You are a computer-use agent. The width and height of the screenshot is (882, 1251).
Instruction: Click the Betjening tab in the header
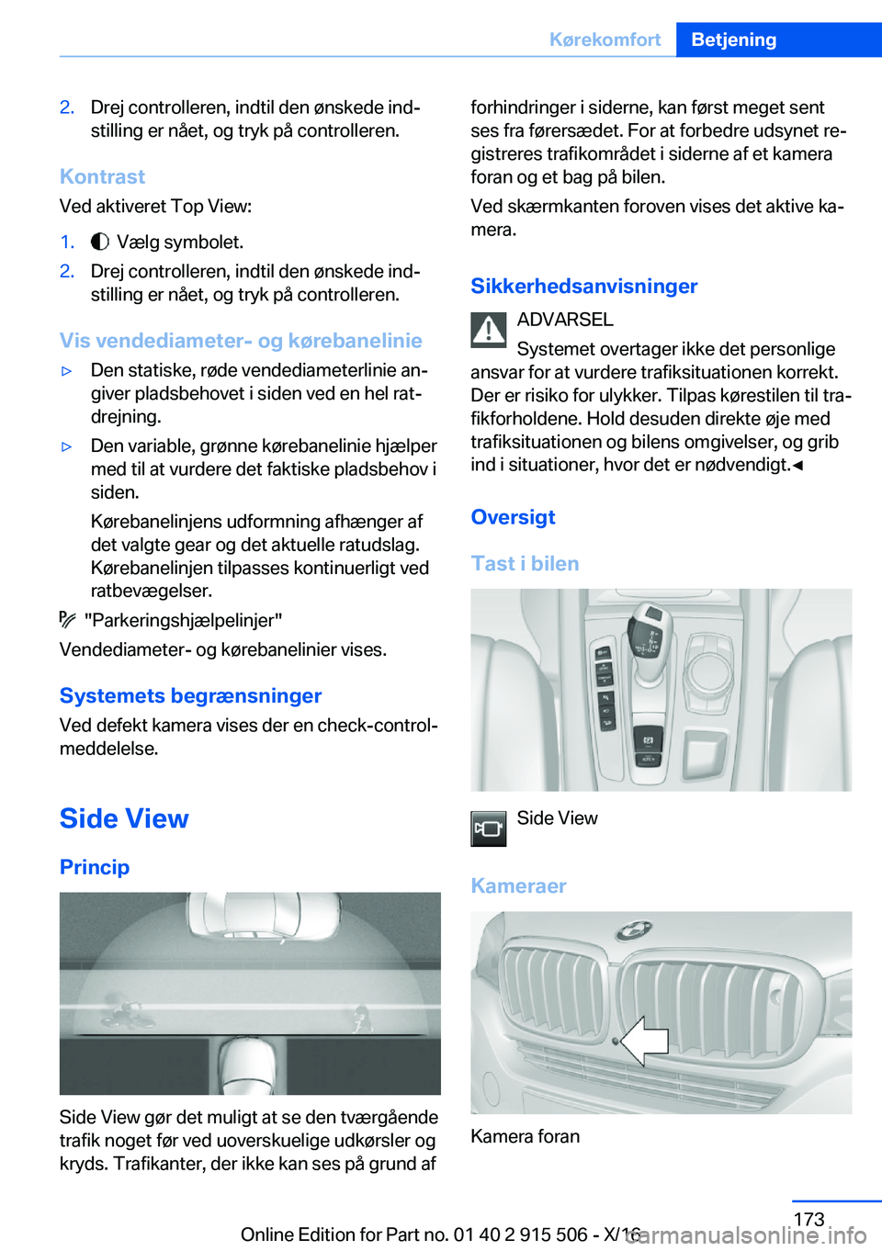(733, 39)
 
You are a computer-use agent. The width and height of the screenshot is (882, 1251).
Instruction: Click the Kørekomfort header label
(605, 39)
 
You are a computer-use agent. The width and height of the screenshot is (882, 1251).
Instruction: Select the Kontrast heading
(102, 176)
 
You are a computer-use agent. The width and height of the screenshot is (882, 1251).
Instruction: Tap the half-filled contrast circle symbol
(100, 242)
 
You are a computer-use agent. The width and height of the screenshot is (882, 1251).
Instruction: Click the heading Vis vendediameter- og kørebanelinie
(241, 341)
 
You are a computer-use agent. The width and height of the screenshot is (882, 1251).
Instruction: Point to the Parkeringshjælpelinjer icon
(68, 620)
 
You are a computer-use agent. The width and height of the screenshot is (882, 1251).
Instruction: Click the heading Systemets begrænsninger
(190, 695)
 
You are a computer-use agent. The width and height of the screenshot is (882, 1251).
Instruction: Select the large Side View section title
(124, 818)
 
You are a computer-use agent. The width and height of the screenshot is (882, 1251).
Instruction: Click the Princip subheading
(95, 867)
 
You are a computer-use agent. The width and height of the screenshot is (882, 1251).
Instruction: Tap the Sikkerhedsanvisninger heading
(583, 287)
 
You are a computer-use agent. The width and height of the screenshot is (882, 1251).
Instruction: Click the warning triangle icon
(489, 330)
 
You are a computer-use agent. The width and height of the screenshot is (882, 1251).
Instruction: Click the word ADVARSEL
(565, 320)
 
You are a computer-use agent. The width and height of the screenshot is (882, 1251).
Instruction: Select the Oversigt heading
(513, 517)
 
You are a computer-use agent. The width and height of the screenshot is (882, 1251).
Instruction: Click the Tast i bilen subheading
(525, 564)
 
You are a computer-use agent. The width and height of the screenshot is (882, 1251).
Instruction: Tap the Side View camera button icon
(489, 828)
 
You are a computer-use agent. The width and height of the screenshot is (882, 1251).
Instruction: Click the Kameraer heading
(518, 886)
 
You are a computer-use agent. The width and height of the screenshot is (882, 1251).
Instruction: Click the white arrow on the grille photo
(644, 1041)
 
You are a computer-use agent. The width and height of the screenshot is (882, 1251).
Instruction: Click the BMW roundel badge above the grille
(633, 930)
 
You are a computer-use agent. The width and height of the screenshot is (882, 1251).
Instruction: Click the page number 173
(808, 1219)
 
